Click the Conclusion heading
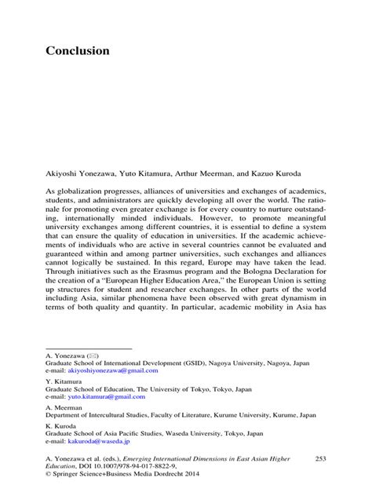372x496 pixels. pyautogui.click(x=77, y=50)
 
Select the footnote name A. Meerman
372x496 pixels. pyautogui.click(x=64, y=407)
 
